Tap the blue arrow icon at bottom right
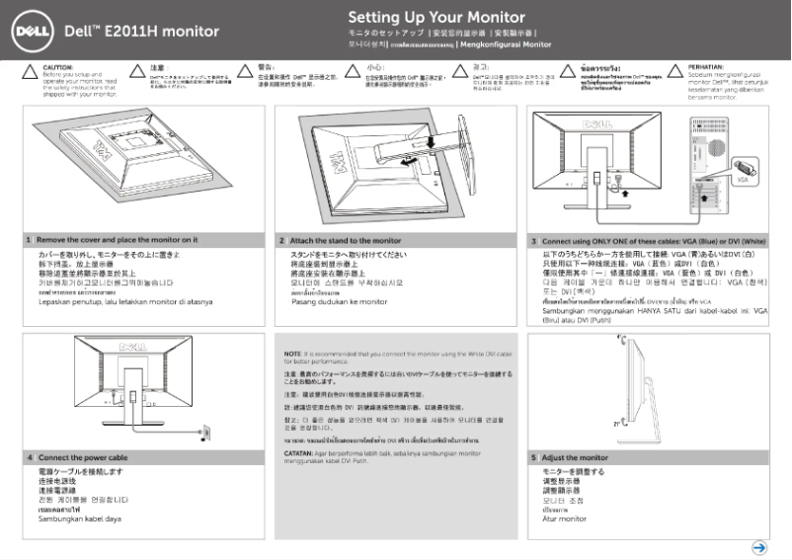point(759,546)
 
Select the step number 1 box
point(30,240)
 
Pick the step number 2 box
point(282,240)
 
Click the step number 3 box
point(535,240)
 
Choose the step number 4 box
point(30,457)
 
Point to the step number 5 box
point(535,457)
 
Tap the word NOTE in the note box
point(292,353)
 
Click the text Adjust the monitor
point(576,457)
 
